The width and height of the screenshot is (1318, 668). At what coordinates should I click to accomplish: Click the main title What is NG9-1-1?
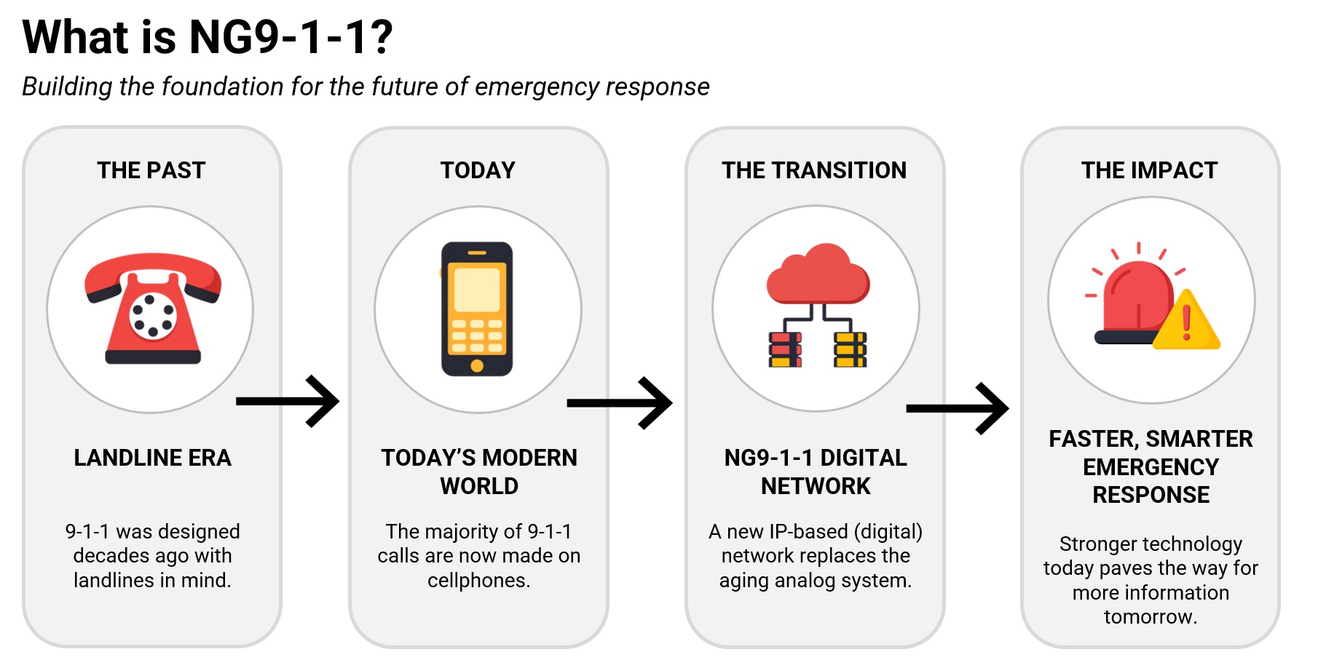(208, 37)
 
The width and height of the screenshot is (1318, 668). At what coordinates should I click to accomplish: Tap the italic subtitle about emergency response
(366, 87)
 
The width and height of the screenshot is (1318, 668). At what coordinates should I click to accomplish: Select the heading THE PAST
(151, 170)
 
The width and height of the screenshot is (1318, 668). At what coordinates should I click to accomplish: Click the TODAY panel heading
(478, 170)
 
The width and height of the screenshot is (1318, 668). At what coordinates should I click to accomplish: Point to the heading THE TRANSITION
(814, 170)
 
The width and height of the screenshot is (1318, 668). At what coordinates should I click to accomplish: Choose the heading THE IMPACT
(1149, 170)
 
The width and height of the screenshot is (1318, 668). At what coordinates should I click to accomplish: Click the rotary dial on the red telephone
(153, 317)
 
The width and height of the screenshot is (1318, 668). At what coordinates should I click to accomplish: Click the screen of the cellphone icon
(477, 289)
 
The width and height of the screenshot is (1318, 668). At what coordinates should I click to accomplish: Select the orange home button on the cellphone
(477, 366)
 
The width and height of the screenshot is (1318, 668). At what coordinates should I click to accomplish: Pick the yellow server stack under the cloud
(851, 349)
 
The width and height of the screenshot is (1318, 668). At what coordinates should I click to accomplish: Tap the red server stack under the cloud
(785, 349)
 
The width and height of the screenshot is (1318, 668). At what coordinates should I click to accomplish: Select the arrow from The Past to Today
(288, 401)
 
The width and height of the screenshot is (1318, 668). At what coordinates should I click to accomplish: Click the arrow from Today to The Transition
(620, 402)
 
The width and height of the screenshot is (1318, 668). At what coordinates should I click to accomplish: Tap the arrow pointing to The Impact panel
(958, 408)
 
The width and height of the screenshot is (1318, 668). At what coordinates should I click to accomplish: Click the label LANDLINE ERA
(153, 458)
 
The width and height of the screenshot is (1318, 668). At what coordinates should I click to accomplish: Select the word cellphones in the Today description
(478, 580)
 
